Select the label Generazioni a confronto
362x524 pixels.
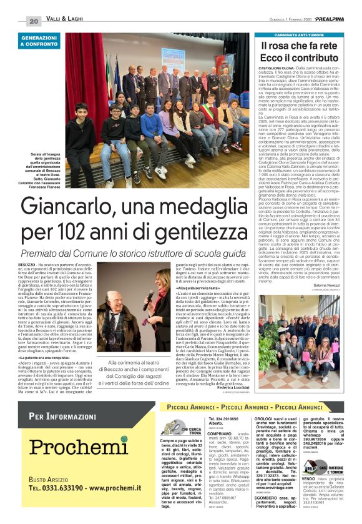point(39,41)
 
